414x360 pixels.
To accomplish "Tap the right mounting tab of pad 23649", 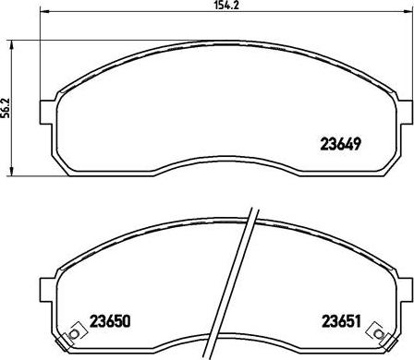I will pyautogui.click(x=405, y=112).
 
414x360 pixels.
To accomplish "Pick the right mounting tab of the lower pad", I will pyautogui.click(x=405, y=288).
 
